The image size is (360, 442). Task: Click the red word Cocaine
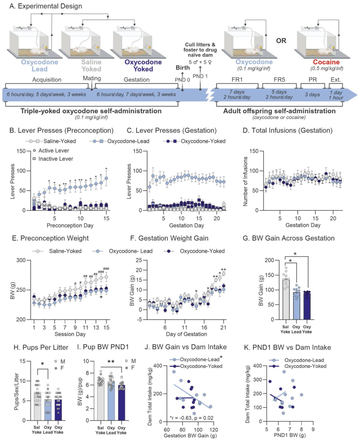(326, 62)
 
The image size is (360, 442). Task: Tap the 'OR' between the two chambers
(281, 41)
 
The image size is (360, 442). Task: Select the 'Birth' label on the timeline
(182, 68)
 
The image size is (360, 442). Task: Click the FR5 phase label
(279, 80)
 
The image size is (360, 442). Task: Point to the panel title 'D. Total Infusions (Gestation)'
(288, 130)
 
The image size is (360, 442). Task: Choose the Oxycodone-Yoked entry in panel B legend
(194, 141)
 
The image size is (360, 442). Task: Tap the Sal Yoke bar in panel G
(286, 299)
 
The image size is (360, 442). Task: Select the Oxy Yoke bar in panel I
(121, 403)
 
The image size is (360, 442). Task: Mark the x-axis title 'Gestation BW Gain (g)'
(190, 435)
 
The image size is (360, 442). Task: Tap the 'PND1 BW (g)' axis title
(290, 435)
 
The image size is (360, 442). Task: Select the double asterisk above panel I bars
(111, 362)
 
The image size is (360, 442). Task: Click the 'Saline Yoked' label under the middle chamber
(91, 65)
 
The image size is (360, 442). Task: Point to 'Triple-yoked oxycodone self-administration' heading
(91, 111)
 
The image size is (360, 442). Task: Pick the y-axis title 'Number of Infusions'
(245, 182)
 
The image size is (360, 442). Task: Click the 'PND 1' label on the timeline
(200, 76)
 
